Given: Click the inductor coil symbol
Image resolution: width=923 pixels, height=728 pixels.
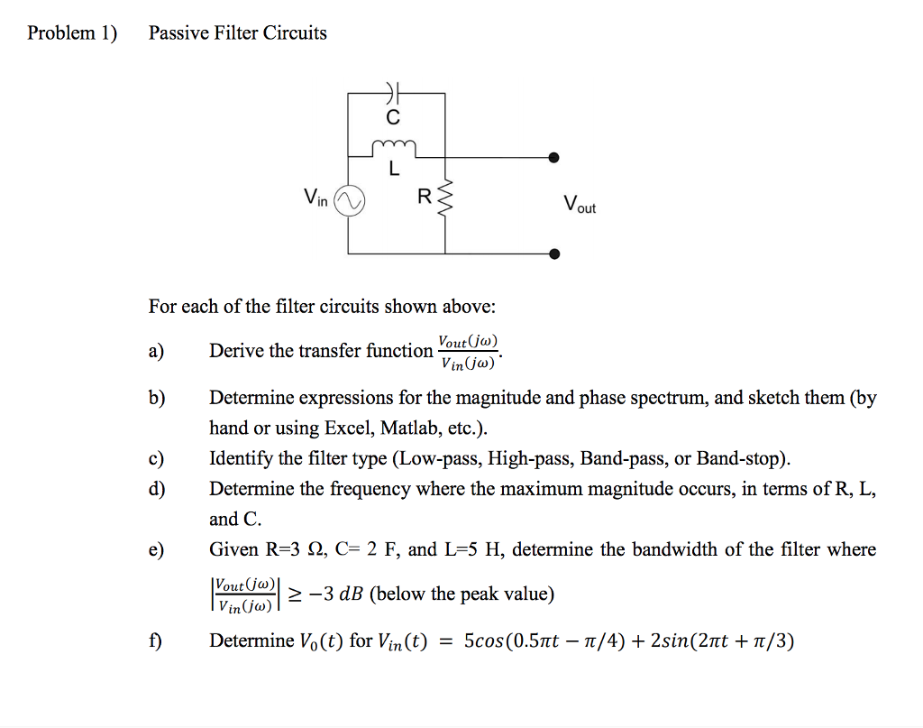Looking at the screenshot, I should click(x=393, y=145).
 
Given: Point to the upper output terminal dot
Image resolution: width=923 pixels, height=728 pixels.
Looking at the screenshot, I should click(x=553, y=158).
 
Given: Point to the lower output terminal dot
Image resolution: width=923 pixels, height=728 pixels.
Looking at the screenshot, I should click(x=553, y=253).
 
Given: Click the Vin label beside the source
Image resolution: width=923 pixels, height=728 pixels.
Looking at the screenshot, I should click(x=316, y=198).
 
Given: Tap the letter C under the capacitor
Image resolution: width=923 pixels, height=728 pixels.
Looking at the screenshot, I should click(x=391, y=117).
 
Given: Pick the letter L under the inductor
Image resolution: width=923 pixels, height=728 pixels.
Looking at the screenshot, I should click(x=393, y=169).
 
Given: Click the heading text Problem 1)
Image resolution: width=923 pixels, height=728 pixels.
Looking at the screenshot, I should click(x=72, y=33).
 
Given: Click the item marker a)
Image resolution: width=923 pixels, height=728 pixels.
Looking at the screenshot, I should click(x=156, y=351).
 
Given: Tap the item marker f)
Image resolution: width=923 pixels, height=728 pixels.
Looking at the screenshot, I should click(x=156, y=641).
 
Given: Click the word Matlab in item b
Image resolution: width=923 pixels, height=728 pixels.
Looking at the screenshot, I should click(x=406, y=427).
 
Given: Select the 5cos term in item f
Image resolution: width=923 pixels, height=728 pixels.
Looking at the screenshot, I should click(x=485, y=641).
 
